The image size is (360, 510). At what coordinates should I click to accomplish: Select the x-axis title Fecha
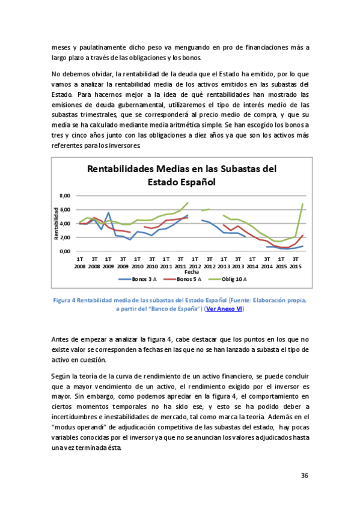pos(183,271)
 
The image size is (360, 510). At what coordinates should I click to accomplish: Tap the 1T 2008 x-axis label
pos(79,262)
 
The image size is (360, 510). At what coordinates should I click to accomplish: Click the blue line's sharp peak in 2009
pos(108,213)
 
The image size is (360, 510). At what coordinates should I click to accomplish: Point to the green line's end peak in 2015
pos(302,204)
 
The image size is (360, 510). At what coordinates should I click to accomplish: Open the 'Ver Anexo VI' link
pos(224,308)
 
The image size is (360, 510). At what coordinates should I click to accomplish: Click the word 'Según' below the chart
pos(62,375)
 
